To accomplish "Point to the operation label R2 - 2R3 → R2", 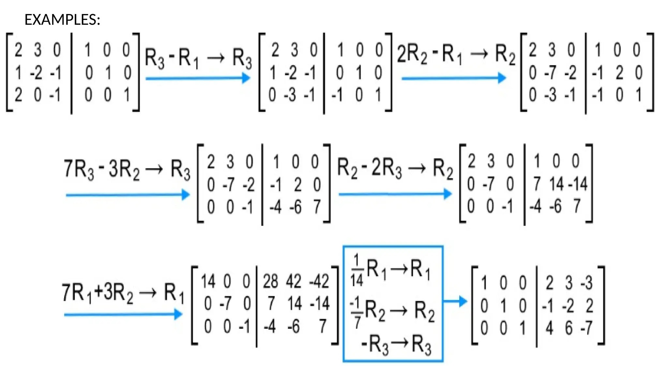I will [395, 168].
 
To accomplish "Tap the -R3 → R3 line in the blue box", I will [396, 344].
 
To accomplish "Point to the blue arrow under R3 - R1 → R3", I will [198, 78].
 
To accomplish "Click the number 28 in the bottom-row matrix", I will [270, 281].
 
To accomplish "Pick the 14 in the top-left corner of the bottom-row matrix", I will [208, 281].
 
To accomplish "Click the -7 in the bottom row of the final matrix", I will [586, 328].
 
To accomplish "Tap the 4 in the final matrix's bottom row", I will [550, 328].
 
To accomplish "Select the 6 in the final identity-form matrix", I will [569, 328].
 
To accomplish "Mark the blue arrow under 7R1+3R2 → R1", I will [123, 315].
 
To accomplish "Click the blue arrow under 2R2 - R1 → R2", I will [453, 78].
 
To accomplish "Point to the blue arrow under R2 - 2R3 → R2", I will [395, 194].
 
